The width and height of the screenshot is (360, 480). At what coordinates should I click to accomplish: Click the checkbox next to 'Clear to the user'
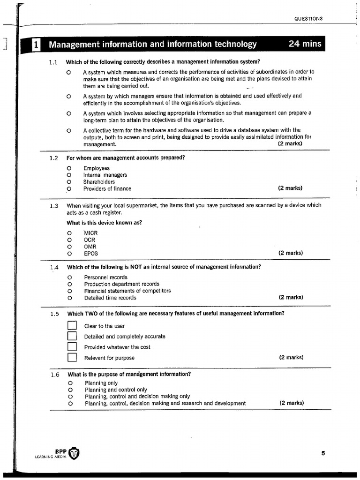72,326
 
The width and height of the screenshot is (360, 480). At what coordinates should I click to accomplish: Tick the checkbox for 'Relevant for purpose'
72,358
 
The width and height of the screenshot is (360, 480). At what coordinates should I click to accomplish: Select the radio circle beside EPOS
69,254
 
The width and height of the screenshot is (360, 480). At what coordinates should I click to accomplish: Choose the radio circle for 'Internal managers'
69,175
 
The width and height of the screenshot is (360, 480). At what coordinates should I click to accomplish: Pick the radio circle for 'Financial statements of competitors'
69,291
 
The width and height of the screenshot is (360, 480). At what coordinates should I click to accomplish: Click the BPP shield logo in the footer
74,454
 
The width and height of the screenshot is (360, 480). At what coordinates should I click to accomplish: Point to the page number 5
323,453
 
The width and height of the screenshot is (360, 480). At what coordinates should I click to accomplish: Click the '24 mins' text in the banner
305,44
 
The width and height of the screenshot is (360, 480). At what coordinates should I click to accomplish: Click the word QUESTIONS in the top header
308,19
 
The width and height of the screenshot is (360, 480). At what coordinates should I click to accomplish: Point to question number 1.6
55,375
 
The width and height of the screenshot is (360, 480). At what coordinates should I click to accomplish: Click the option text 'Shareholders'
99,182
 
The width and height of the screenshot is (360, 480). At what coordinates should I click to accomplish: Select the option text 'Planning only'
101,383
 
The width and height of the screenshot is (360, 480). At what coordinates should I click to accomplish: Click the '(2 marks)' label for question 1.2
290,188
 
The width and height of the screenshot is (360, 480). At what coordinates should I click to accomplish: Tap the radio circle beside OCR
69,240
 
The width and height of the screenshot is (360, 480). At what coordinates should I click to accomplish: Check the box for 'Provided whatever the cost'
72,347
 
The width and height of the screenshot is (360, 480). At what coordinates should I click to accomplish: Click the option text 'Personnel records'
105,277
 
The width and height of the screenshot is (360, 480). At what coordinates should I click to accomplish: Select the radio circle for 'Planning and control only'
69,390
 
